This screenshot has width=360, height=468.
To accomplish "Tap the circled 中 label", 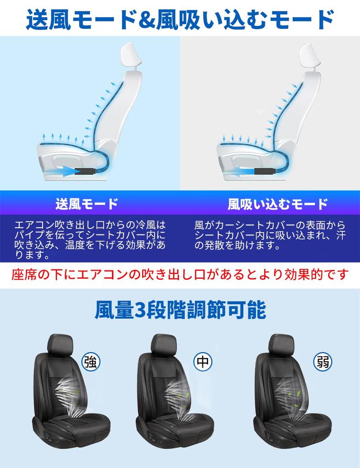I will click(202, 362).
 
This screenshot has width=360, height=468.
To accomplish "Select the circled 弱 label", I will click(323, 362).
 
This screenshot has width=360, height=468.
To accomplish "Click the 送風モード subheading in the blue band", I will click(87, 204).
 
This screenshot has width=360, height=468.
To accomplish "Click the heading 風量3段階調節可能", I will click(180, 310).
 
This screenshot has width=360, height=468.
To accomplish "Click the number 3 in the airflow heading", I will click(139, 311).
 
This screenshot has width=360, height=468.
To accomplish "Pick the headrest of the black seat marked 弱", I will click(280, 345).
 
